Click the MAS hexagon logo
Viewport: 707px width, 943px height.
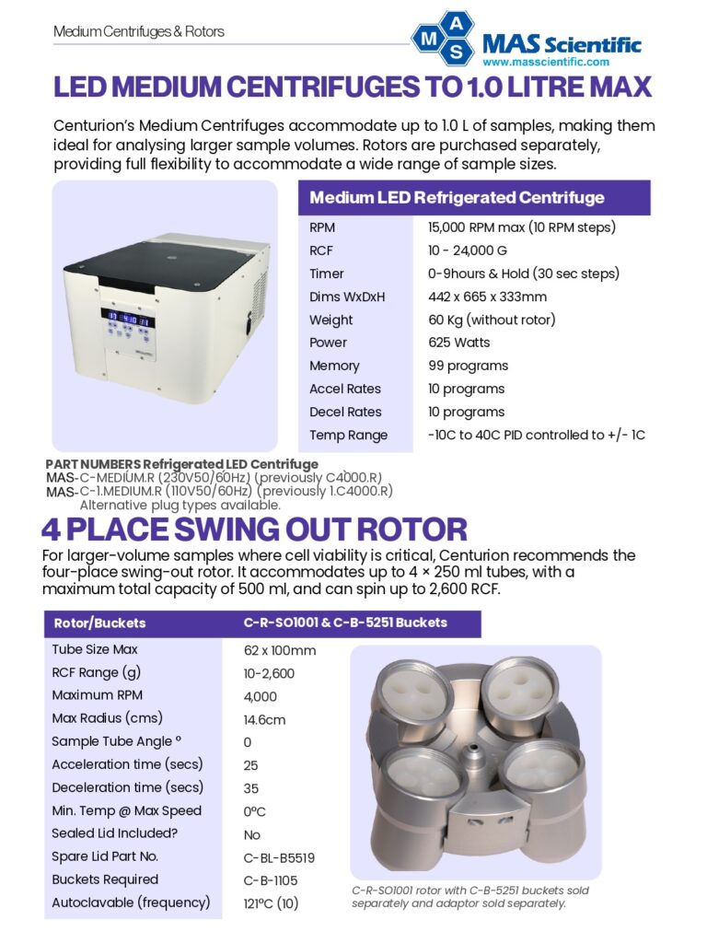443,38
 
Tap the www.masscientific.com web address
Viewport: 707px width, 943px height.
546,62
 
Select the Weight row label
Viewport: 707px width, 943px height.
331,320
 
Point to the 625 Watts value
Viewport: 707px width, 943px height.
458,343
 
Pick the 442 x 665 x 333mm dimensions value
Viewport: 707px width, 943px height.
487,297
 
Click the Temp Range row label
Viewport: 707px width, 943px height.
348,435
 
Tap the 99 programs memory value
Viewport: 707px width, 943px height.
468,366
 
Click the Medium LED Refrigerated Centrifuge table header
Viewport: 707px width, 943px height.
457,198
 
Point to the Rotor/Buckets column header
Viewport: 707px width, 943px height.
99,623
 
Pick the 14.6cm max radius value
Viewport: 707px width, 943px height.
264,719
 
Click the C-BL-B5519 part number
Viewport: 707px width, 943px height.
279,857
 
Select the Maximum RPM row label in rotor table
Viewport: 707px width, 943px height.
98,695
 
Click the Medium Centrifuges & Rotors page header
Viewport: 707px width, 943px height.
139,32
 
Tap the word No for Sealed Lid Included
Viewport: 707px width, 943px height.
252,834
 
